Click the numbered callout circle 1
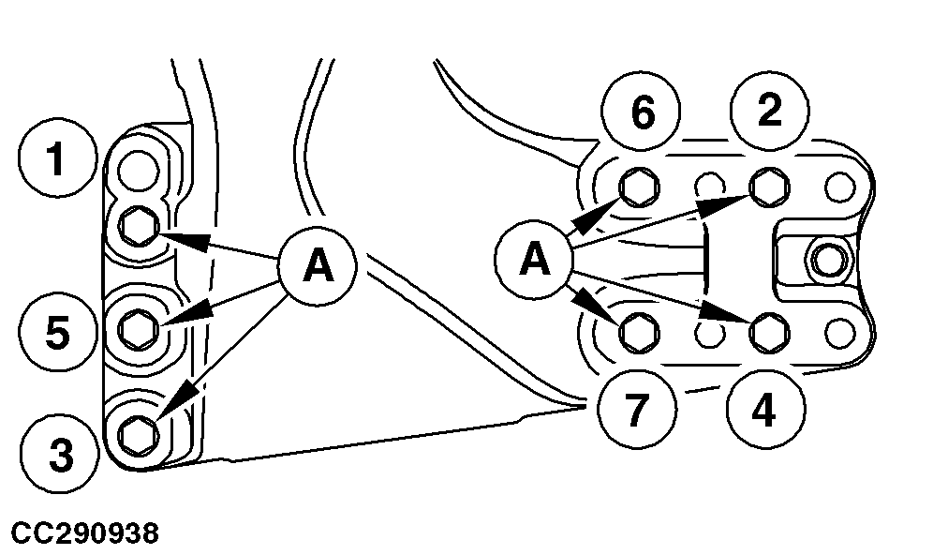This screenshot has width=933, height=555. click(57, 160)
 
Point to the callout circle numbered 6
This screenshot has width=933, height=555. click(642, 112)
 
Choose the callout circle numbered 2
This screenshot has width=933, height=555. click(769, 112)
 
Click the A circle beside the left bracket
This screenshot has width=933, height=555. click(318, 267)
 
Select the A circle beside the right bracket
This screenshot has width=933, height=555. click(536, 259)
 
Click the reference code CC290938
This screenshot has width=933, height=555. click(85, 534)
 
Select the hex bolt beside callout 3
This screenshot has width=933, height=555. click(139, 432)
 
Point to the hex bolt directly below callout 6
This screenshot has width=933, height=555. click(640, 187)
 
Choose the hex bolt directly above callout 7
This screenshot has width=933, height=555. click(640, 330)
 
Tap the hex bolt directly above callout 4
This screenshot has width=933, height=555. click(767, 330)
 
